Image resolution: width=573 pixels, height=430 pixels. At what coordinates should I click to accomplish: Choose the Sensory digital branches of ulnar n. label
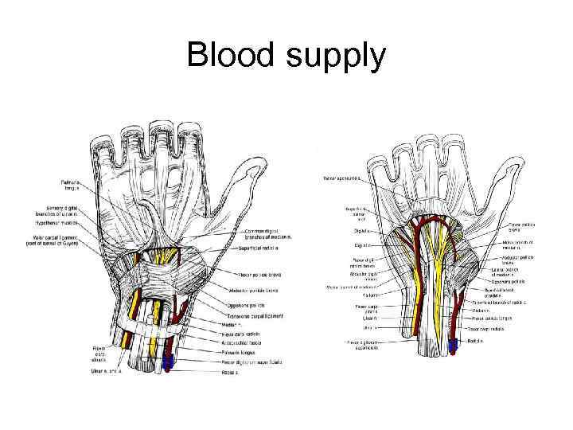point(80,209)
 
